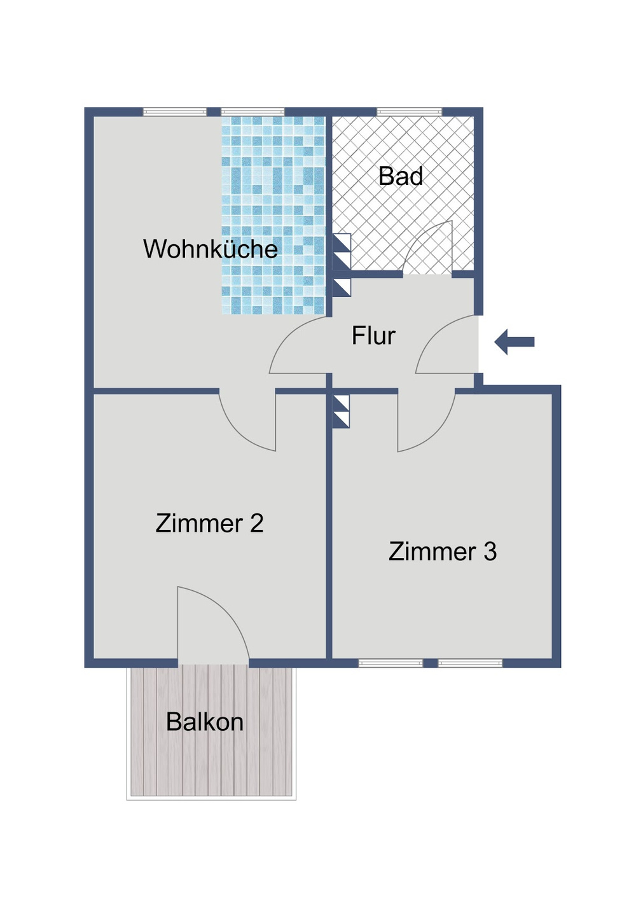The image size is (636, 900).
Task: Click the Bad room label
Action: coord(401,176)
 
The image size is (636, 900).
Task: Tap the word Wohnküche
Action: coord(210,249)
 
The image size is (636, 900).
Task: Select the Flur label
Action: coord(373,335)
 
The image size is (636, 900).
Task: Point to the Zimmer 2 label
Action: coord(209,523)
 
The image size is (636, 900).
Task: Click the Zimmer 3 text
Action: coord(443,551)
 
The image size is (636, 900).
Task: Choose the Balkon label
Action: coord(205,722)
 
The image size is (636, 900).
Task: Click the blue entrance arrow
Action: coord(515,342)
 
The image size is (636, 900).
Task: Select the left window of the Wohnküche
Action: coord(175,113)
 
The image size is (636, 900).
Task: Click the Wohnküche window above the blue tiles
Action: coord(252,113)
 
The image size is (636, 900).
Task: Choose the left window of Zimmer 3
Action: coord(391,663)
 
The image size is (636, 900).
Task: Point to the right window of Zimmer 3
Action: coord(470,663)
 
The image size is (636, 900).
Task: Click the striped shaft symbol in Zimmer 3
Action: coord(342,412)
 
